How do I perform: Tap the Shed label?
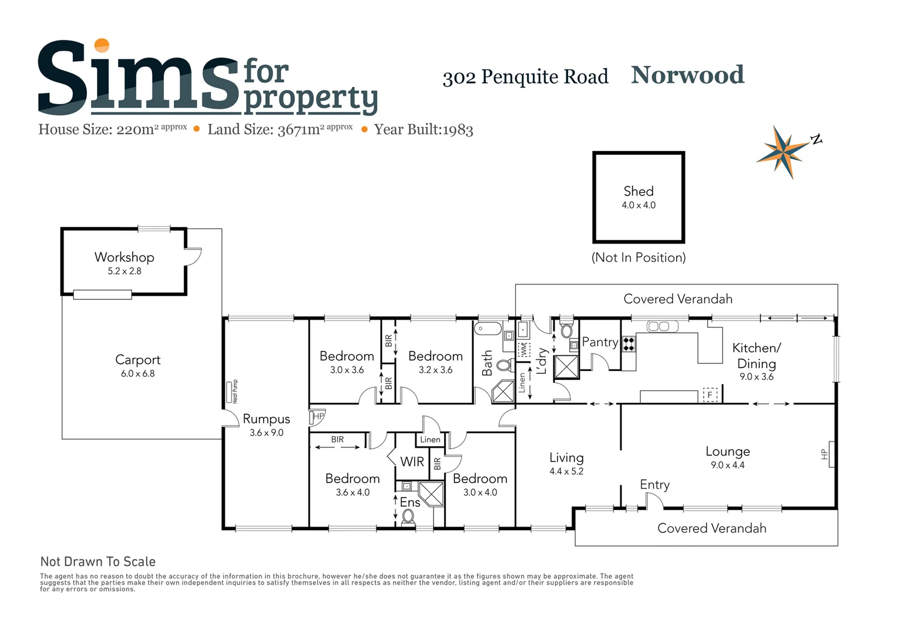click(x=639, y=191)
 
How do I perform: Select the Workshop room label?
click(x=125, y=257)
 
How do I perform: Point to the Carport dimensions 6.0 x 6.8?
click(x=138, y=373)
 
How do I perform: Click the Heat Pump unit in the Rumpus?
click(x=229, y=392)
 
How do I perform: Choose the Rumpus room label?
click(x=267, y=419)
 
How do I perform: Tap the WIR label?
click(x=412, y=462)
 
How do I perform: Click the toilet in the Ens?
click(x=408, y=517)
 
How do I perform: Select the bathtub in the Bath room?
click(x=488, y=328)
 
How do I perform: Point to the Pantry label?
click(x=600, y=342)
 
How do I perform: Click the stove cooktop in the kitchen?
click(x=629, y=343)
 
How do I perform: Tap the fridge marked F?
click(x=710, y=394)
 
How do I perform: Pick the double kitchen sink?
click(x=659, y=326)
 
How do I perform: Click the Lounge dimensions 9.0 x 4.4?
click(x=728, y=466)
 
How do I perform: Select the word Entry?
click(x=654, y=485)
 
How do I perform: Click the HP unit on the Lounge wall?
click(x=830, y=454)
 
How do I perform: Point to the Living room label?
click(x=566, y=458)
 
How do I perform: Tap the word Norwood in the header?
click(x=687, y=75)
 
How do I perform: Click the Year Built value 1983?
click(x=458, y=130)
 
